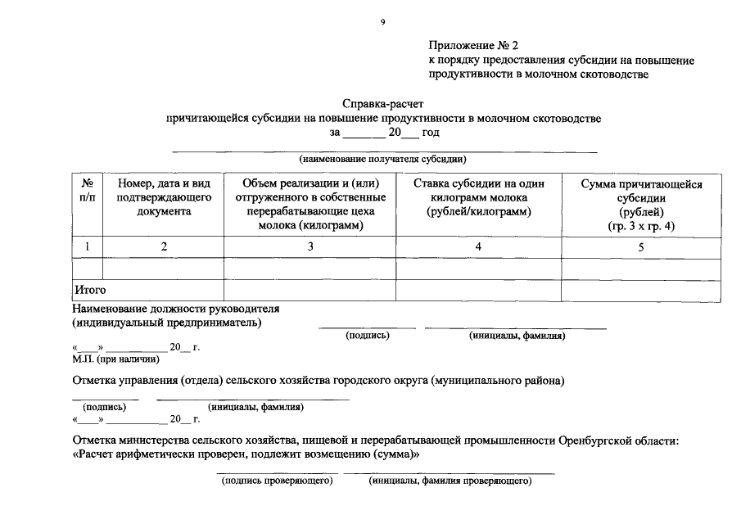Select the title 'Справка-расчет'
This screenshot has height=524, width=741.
point(382,105)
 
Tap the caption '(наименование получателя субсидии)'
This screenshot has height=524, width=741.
point(382,159)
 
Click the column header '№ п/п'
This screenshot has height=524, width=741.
point(88,191)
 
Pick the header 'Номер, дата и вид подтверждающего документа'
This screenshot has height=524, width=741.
point(165,198)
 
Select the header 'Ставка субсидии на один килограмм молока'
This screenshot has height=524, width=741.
point(478,198)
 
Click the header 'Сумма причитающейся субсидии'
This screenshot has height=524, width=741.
point(641,205)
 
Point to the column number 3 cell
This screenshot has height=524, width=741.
point(310,246)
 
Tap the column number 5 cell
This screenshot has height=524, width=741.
point(641,246)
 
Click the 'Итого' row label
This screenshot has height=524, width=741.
point(90,290)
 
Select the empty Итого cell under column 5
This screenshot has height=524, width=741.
point(641,290)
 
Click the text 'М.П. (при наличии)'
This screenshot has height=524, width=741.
point(115,359)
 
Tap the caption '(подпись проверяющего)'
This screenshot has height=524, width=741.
point(278,481)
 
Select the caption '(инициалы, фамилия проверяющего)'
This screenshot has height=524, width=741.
point(450,481)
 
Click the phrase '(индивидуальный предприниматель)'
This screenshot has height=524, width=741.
point(167,323)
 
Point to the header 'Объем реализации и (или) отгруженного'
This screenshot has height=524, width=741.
point(310,191)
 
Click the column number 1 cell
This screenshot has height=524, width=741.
point(88,246)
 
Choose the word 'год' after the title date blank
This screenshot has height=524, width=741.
point(431,132)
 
